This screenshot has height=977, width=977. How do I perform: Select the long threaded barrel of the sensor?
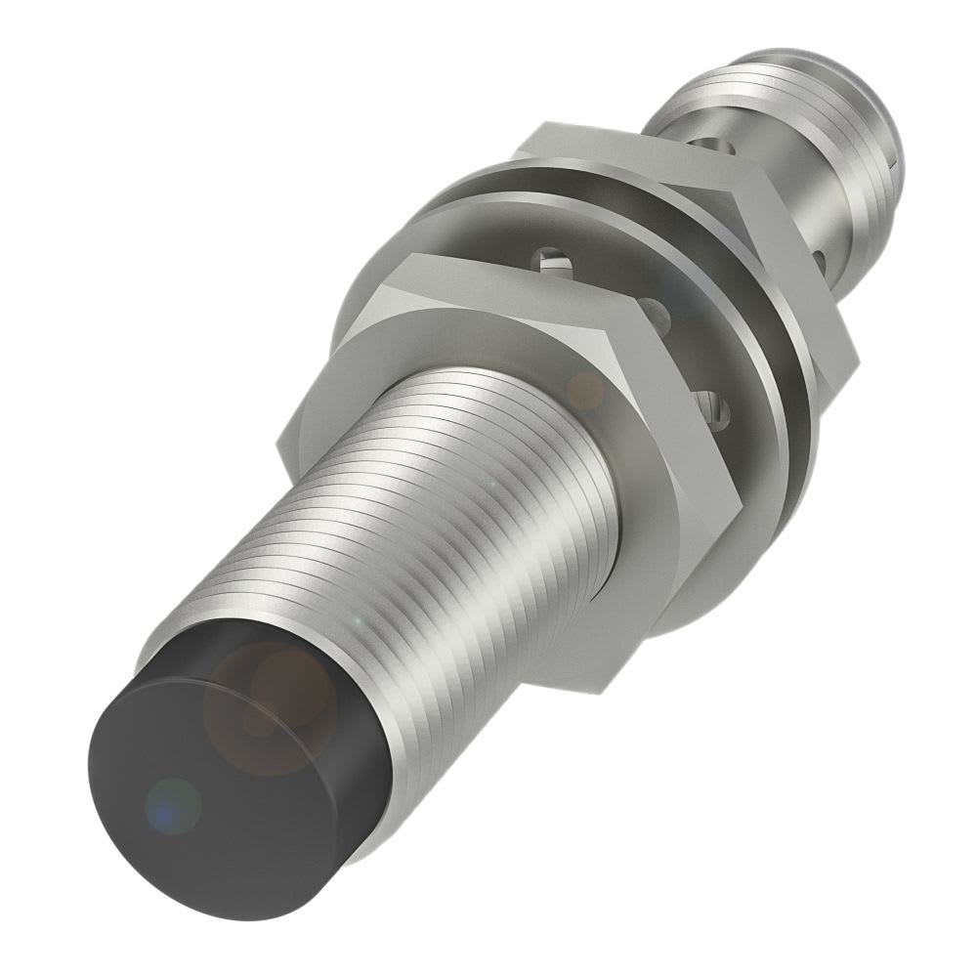click(469, 528)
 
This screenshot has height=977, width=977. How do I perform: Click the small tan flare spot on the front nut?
click(586, 391)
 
